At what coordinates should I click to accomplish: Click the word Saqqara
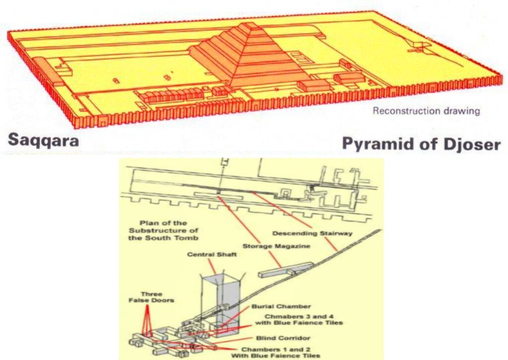pyautogui.click(x=43, y=140)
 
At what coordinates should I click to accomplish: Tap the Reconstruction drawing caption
pyautogui.click(x=426, y=111)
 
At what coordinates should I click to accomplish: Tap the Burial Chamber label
pyautogui.click(x=281, y=306)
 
